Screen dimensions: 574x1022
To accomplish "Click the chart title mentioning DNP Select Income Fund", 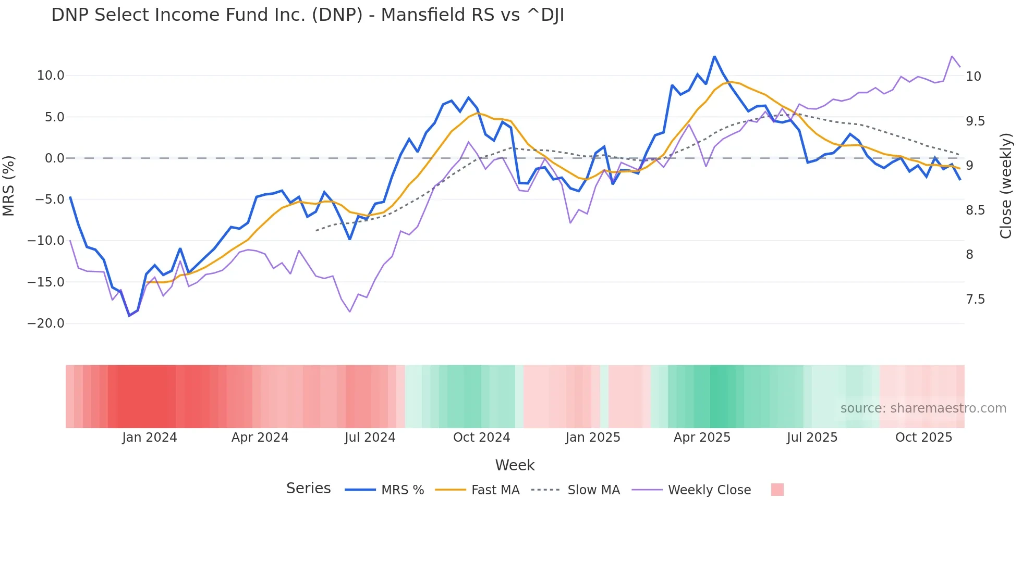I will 308,15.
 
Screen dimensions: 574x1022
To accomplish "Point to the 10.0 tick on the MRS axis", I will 51,76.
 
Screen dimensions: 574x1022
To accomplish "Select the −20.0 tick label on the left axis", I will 46,323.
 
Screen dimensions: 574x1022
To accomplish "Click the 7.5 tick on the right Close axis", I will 975,300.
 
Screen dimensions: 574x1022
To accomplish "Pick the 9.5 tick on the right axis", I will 975,121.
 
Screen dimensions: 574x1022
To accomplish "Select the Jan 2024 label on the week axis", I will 150,438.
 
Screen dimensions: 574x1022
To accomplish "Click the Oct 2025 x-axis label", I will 923,438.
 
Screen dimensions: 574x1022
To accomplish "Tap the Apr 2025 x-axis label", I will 702,438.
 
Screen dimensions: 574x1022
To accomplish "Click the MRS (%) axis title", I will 9,186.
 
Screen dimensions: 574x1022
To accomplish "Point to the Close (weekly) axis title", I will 1006,186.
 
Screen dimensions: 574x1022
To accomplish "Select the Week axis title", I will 515,465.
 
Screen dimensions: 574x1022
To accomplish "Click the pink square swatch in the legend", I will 777,490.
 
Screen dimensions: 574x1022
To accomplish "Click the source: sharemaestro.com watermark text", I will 923,408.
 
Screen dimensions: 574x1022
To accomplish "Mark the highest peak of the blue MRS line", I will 714,56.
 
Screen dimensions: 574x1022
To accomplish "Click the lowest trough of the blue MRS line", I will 129,316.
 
